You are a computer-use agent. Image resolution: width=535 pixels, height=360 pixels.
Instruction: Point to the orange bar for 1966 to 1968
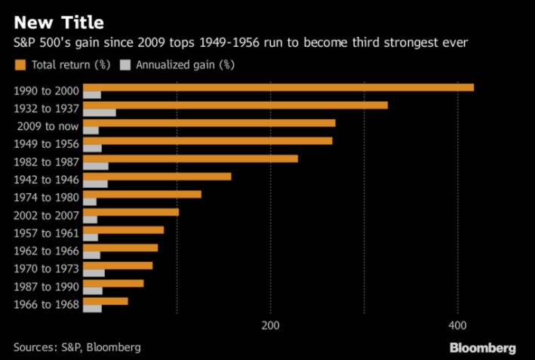(105, 300)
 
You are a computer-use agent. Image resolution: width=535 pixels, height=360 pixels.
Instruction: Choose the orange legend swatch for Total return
(20, 64)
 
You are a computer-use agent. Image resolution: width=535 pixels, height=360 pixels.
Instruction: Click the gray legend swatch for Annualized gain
(127, 64)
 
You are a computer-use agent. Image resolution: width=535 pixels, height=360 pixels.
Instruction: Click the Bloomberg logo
(482, 348)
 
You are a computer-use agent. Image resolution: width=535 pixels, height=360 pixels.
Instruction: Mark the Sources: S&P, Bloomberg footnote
(77, 347)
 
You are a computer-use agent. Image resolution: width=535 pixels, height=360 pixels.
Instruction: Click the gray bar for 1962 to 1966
(91, 255)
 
